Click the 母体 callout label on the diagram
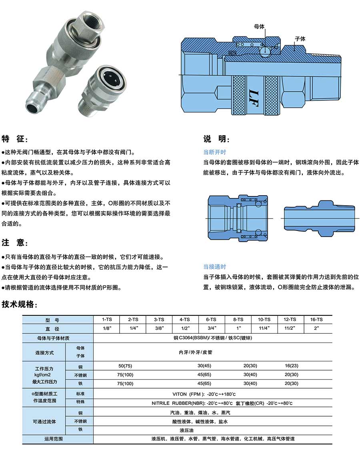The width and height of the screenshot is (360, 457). [259, 26]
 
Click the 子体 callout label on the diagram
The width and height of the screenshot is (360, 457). [300, 39]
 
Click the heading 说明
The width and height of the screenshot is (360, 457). [216, 139]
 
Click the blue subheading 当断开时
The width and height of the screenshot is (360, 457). [214, 152]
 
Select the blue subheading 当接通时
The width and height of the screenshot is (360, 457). [214, 267]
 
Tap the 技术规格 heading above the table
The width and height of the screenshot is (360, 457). [20, 304]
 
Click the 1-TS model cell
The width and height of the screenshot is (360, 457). [106, 319]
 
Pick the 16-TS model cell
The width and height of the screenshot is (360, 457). [316, 319]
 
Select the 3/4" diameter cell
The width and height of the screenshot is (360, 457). [211, 328]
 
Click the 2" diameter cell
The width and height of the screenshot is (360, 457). [316, 328]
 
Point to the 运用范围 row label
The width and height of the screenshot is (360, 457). [54, 439]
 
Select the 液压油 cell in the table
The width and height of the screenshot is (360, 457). [187, 430]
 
